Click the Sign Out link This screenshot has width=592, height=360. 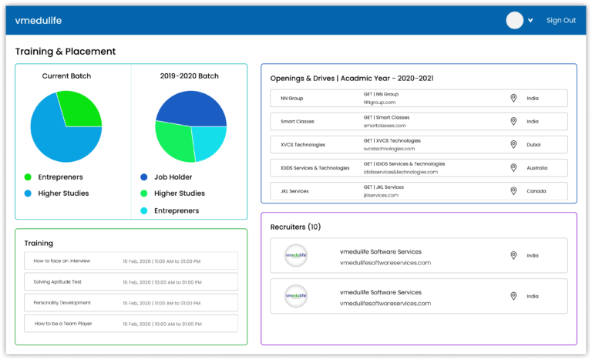tap(560, 21)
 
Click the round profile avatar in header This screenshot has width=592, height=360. tap(514, 21)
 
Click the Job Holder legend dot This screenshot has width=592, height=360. tap(144, 177)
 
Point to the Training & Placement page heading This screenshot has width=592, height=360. tap(66, 52)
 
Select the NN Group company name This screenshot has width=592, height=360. tap(292, 99)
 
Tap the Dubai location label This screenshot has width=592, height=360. tap(533, 144)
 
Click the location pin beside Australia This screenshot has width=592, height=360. tap(513, 167)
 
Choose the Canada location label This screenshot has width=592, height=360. tap(536, 190)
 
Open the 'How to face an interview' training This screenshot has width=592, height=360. tap(62, 261)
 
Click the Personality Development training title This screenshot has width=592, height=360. tap(62, 303)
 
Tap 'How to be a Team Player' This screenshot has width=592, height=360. tap(63, 324)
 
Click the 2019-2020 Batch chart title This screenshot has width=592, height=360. tap(189, 76)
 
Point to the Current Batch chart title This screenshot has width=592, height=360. tap(66, 76)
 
